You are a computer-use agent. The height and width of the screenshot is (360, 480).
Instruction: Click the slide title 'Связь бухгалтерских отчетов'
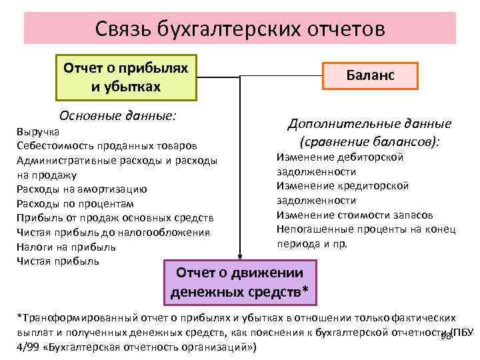[x=239, y=29]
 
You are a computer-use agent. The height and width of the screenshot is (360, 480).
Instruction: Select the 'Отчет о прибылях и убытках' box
[x=126, y=77]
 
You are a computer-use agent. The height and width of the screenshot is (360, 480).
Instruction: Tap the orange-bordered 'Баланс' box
[x=370, y=76]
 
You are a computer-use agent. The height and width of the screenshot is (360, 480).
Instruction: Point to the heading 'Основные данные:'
[x=118, y=115]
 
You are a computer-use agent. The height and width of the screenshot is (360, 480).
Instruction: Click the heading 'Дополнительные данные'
[x=369, y=124]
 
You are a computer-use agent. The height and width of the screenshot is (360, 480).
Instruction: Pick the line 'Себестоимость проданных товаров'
[x=106, y=145]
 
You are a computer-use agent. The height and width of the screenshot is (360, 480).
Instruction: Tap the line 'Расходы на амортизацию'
[x=81, y=189]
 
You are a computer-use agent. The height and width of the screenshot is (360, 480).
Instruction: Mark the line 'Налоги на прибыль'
[x=66, y=247]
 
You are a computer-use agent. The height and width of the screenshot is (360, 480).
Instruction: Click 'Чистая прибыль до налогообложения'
[x=113, y=232]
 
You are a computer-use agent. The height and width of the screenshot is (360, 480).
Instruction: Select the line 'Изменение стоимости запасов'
[x=355, y=215]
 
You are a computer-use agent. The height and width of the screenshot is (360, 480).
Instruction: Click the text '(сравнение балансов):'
[x=369, y=141]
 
